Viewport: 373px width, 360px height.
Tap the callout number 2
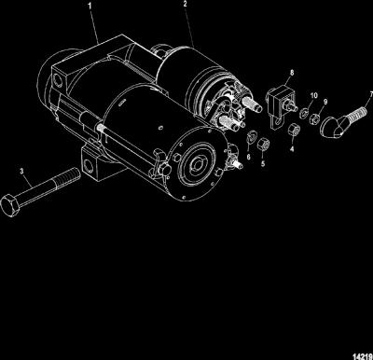[185, 4]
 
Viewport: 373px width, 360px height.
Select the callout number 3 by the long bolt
[21, 172]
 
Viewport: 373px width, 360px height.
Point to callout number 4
[292, 149]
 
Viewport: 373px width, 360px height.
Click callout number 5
[263, 163]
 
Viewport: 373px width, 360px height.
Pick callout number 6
[248, 158]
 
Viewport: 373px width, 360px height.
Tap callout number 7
[371, 93]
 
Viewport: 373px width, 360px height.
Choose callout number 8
[292, 73]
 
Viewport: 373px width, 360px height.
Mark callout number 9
[325, 102]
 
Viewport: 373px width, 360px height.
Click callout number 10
[314, 95]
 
